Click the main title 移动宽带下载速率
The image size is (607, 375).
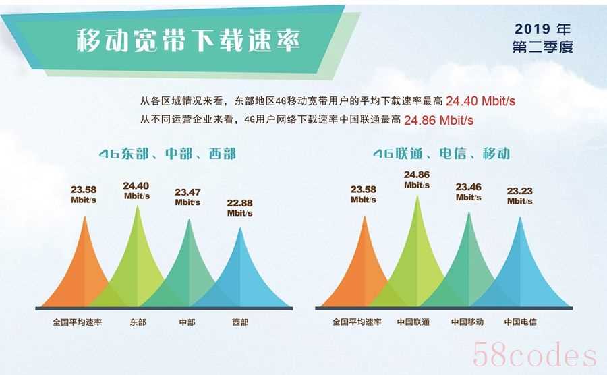coord(188,40)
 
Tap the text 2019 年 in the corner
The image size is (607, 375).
coord(543,28)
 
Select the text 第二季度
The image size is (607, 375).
coord(543,47)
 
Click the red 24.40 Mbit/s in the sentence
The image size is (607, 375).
coord(480,101)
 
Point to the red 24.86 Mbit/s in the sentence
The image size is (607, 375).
coord(438,120)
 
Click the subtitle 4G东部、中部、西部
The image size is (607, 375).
coord(167,154)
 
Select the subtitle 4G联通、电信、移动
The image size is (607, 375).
coord(441,154)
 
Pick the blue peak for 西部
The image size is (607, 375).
coord(241,275)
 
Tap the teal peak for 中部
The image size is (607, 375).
coord(190,271)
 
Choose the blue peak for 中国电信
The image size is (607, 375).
coord(520,271)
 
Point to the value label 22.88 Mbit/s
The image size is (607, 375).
coord(239,208)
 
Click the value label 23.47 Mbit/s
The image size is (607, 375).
coord(187,197)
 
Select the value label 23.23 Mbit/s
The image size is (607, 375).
coord(519,196)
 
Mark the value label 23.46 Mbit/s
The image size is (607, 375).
coord(469,192)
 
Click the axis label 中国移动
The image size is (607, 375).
coord(467,322)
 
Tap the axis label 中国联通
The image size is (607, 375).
coord(413,322)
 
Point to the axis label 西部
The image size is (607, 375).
coord(240,322)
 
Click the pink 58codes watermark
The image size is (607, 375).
coord(534,354)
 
